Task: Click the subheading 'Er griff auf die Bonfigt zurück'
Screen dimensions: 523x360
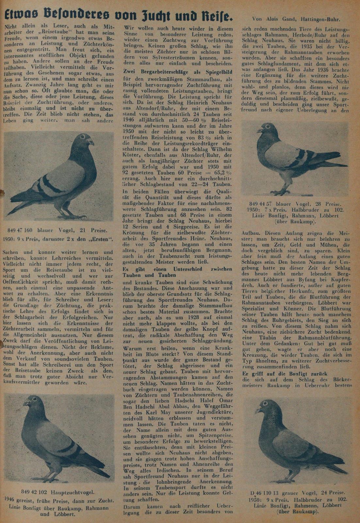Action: [x=285, y=373]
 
